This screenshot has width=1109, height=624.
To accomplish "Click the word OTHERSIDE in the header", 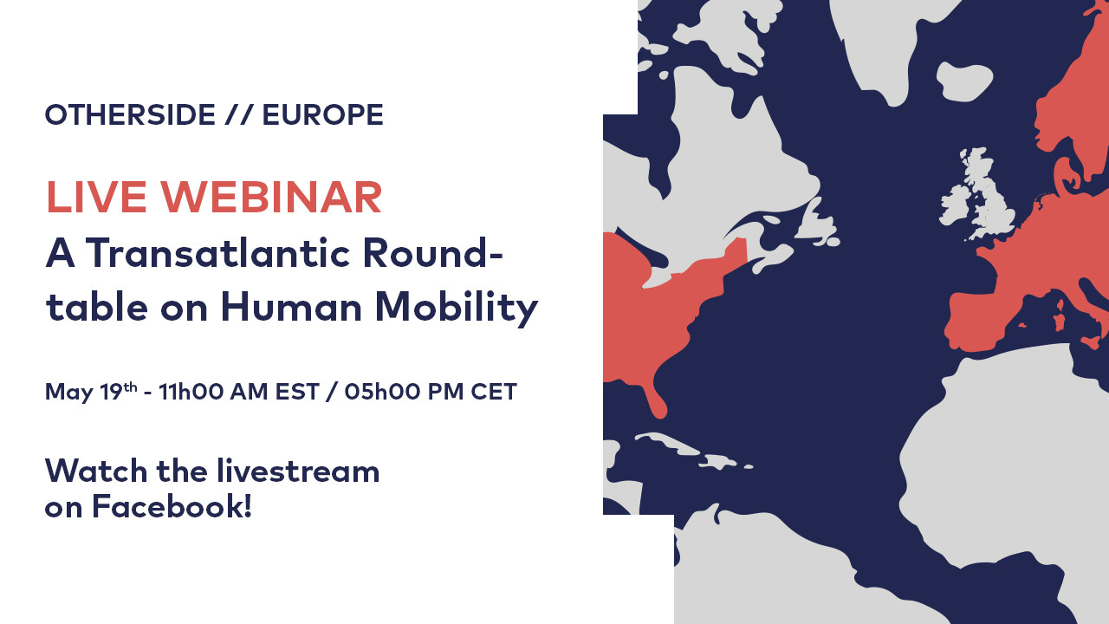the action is click(x=130, y=115).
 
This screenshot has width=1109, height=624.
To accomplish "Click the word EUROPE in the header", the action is click(x=323, y=115).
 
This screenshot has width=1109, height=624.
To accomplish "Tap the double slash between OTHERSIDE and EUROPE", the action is click(x=239, y=115).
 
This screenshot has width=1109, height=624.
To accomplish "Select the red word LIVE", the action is click(x=96, y=197).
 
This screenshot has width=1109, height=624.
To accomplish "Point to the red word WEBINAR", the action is click(x=271, y=197).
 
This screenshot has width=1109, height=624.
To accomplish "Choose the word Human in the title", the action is click(x=292, y=307).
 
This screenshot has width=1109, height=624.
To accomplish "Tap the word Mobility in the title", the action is click(x=457, y=308).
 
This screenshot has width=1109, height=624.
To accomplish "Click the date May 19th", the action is click(x=91, y=391).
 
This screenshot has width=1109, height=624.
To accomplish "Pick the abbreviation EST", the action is click(x=297, y=391).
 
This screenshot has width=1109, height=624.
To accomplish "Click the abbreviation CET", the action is click(x=494, y=391).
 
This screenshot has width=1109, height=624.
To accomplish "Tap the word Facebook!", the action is click(x=172, y=507).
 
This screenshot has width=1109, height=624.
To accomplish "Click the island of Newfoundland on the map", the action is click(x=817, y=223).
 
